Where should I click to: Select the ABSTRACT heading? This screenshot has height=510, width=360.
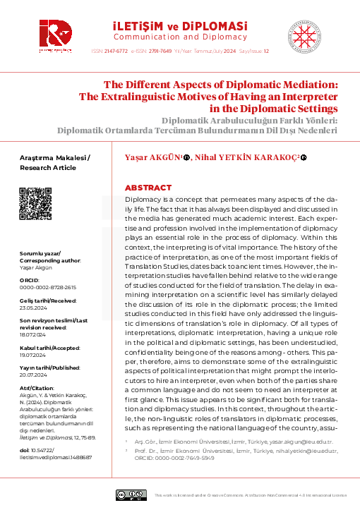[148, 188]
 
